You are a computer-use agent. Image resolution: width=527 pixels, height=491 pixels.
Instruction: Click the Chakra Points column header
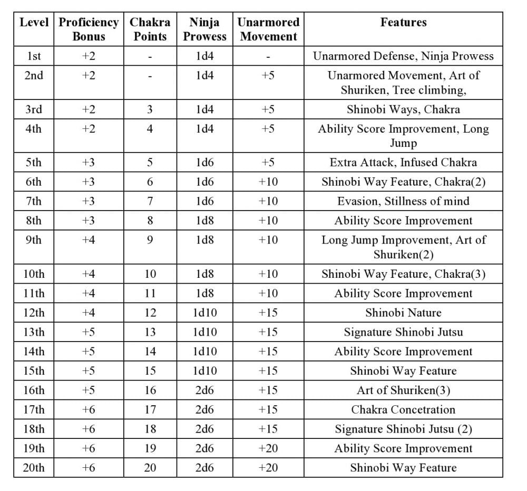pos(150,29)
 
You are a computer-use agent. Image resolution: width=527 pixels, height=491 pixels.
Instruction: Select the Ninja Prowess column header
pos(204,29)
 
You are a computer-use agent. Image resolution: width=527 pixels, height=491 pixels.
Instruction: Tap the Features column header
pos(403,23)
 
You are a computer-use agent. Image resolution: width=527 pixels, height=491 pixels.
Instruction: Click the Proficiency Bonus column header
pos(89,29)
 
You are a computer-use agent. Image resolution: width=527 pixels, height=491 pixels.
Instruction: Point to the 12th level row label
pos(34,313)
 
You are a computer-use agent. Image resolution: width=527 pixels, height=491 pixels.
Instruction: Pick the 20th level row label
pos(34,468)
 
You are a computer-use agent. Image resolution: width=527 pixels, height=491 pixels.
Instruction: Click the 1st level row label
pos(34,56)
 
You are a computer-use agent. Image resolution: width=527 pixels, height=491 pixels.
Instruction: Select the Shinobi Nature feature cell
pos(403,313)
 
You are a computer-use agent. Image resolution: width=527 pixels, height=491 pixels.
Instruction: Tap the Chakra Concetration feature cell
pos(403,409)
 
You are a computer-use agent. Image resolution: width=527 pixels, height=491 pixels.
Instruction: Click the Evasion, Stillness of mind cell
pos(403,201)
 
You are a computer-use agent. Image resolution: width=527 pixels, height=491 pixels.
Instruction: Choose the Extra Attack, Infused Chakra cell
pos(403,162)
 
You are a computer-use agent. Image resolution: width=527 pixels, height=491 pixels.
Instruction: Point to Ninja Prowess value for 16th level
pos(204,390)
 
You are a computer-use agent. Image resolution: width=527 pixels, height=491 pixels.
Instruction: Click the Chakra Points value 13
pos(150,332)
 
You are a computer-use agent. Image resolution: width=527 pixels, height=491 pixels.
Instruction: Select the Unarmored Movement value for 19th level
pos(268,448)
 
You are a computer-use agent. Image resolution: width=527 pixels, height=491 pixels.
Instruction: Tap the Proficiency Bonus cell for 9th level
pos(89,240)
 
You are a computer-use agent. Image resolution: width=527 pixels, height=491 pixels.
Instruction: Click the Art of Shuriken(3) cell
pos(403,390)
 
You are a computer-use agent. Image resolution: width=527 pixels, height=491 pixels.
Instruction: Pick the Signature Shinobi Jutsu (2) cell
pos(403,429)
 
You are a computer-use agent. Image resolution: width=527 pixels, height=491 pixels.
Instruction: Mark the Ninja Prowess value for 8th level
pos(204,221)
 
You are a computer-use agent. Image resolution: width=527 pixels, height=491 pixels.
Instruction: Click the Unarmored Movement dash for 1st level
pos(268,56)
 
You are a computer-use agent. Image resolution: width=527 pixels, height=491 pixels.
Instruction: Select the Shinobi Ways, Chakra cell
pos(403,109)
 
